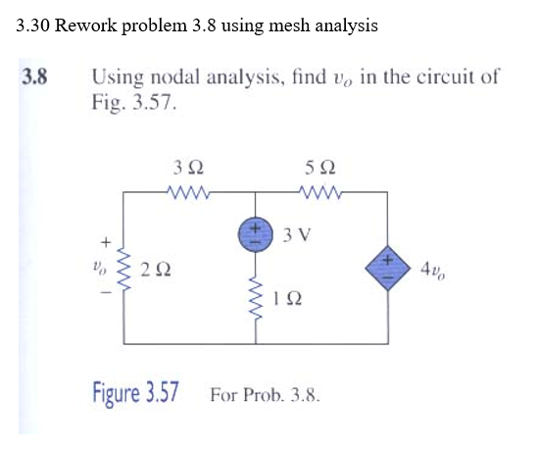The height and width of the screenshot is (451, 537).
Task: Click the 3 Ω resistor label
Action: click(187, 167)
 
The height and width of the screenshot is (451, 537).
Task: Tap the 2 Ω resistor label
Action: click(152, 268)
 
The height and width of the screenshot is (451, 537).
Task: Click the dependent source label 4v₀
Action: click(432, 268)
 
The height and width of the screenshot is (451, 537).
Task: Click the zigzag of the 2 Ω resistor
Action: click(124, 268)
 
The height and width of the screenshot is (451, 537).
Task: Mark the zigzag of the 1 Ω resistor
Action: click(258, 296)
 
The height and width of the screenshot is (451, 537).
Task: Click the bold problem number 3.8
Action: click(36, 75)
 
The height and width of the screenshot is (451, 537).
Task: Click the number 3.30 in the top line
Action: click(33, 25)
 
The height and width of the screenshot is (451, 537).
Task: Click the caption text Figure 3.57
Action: click(135, 394)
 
